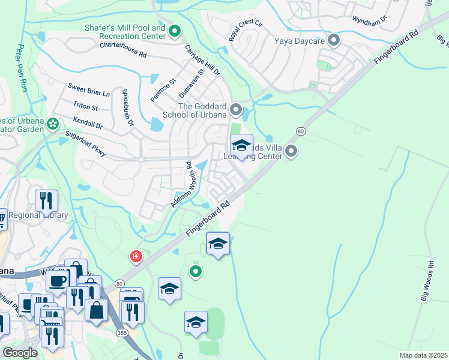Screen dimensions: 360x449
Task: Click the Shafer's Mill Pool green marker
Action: pyautogui.click(x=175, y=31)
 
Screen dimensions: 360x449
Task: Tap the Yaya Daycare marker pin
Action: pyautogui.click(x=334, y=41)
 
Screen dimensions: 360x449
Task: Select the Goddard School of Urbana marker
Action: pyautogui.click(x=236, y=110)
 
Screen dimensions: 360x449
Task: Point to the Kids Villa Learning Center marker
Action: pyautogui.click(x=291, y=151)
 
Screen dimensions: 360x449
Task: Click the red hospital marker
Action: pyautogui.click(x=137, y=257)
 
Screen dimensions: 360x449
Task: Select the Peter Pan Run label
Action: pyautogui.click(x=23, y=68)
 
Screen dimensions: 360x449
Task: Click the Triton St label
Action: pyautogui.click(x=85, y=107)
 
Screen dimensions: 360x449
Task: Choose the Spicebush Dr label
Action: pyautogui.click(x=127, y=107)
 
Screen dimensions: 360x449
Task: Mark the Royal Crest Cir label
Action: pyautogui.click(x=246, y=31)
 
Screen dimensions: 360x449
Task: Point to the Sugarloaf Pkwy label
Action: pyautogui.click(x=85, y=143)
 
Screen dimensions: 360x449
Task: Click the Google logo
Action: pyautogui.click(x=20, y=353)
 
